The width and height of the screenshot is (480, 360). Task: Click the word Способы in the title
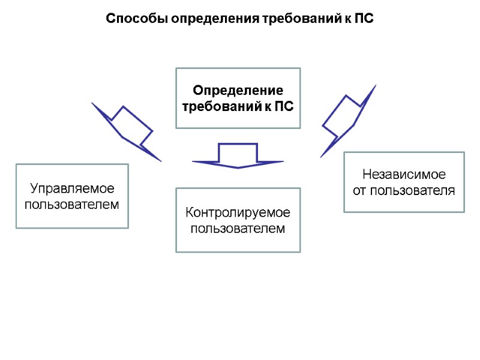click(137, 19)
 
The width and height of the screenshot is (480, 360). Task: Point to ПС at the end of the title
click(365, 19)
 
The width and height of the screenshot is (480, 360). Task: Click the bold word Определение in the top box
click(238, 91)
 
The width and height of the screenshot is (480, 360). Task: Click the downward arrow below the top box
click(238, 156)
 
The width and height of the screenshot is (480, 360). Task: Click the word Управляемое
click(72, 189)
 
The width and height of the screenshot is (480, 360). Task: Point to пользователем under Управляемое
click(72, 205)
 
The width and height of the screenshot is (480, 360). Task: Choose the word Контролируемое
click(238, 213)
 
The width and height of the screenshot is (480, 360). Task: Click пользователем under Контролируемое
click(238, 229)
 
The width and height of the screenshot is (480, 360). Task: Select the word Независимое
click(404, 175)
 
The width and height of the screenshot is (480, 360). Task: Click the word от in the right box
click(359, 191)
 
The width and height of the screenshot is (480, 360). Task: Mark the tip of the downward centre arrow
click(238, 167)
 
